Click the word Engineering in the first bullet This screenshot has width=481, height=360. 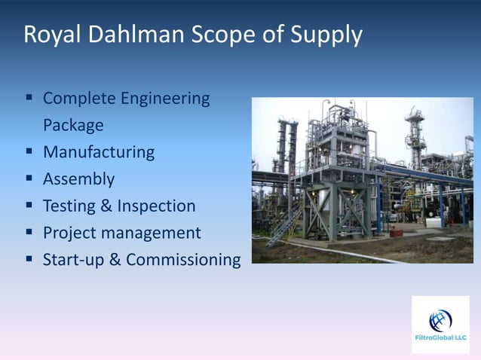tap(166, 99)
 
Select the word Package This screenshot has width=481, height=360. tap(73, 125)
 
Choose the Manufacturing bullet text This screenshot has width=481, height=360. tap(98, 152)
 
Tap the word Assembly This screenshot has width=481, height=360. tap(78, 179)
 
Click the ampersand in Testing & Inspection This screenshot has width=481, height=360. tap(110, 206)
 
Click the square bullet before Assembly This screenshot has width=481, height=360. tap(29, 179)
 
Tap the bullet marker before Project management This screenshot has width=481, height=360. tap(29, 233)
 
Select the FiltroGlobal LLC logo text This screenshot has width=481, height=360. tap(440, 338)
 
